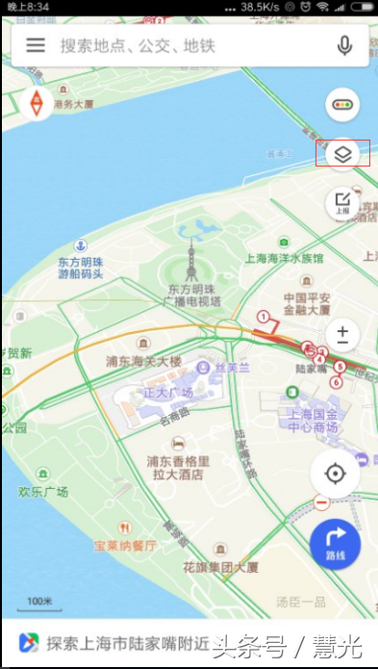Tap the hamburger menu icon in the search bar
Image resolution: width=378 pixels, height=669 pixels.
(x=36, y=45)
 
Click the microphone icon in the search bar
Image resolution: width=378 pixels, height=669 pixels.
(x=344, y=45)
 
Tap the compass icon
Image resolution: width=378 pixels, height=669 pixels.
(x=37, y=103)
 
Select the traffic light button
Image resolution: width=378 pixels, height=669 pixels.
(x=343, y=104)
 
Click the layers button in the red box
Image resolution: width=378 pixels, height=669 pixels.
(x=343, y=153)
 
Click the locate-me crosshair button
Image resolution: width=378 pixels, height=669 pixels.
(x=335, y=474)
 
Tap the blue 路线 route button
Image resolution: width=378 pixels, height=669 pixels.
(x=335, y=544)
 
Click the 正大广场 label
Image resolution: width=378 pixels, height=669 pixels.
(x=168, y=393)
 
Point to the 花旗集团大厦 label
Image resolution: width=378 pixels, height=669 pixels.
(x=220, y=567)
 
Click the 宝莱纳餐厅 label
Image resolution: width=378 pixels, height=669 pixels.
(x=125, y=546)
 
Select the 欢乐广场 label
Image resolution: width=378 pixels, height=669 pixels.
(x=43, y=491)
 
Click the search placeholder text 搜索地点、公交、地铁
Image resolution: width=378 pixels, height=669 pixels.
(x=138, y=45)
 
